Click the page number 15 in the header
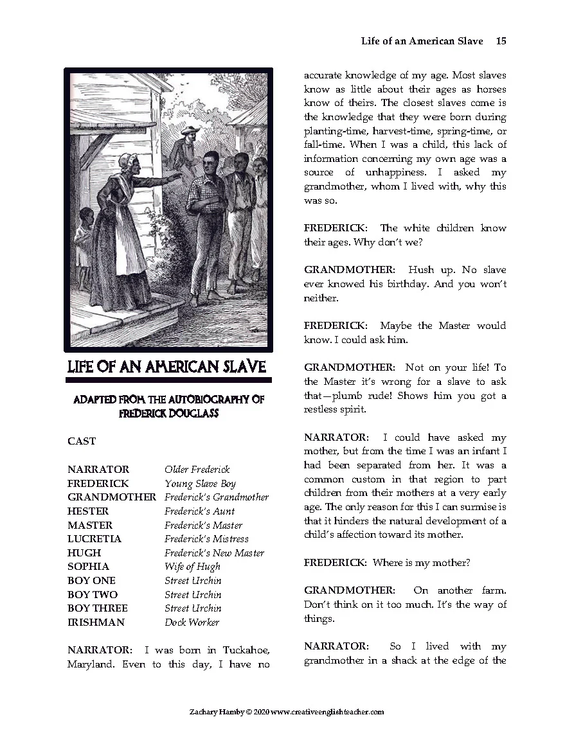pyautogui.click(x=501, y=41)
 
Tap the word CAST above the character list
pyautogui.click(x=82, y=441)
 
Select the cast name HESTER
pyautogui.click(x=88, y=511)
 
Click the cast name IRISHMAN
pyautogui.click(x=96, y=623)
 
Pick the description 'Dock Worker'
pyautogui.click(x=192, y=623)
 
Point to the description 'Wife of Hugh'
pyautogui.click(x=192, y=567)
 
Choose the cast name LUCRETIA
pyautogui.click(x=94, y=539)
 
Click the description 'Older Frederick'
pyautogui.click(x=197, y=470)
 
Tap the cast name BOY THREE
pyautogui.click(x=98, y=608)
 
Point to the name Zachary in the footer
pyautogui.click(x=202, y=712)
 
